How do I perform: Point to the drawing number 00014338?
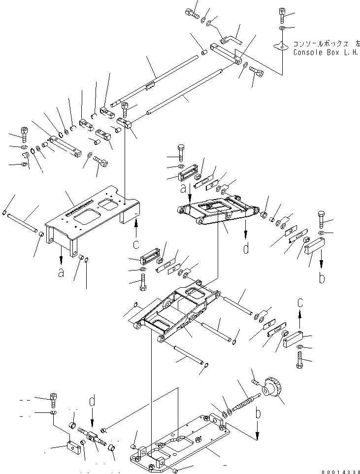click(338, 471)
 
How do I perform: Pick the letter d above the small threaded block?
click(92, 401)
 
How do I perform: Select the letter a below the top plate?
click(62, 271)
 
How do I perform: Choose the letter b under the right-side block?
click(322, 278)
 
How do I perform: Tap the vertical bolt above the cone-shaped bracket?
click(282, 15)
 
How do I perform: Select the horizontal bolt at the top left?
click(192, 14)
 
